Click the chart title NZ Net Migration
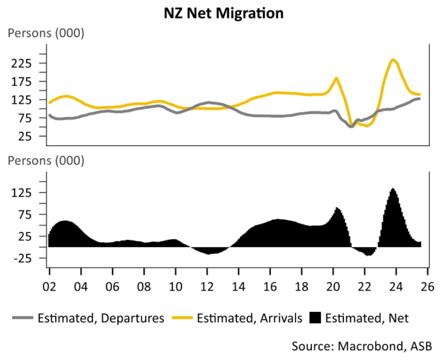(224, 13)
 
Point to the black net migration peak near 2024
(393, 188)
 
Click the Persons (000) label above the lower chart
(46, 161)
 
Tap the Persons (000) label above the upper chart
(46, 32)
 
